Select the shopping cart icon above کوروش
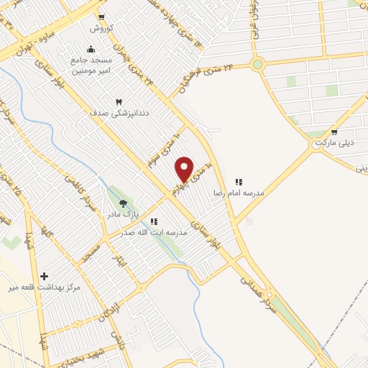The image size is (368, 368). point(101,17)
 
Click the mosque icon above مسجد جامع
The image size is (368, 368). point(91,49)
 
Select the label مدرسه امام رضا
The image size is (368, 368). point(239,193)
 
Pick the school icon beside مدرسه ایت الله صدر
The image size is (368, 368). point(155,222)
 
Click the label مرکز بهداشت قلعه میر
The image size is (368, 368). point(43,287)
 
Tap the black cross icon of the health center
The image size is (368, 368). point(45,276)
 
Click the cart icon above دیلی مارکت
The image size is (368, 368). point(333,132)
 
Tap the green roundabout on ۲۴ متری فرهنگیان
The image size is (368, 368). point(258,65)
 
